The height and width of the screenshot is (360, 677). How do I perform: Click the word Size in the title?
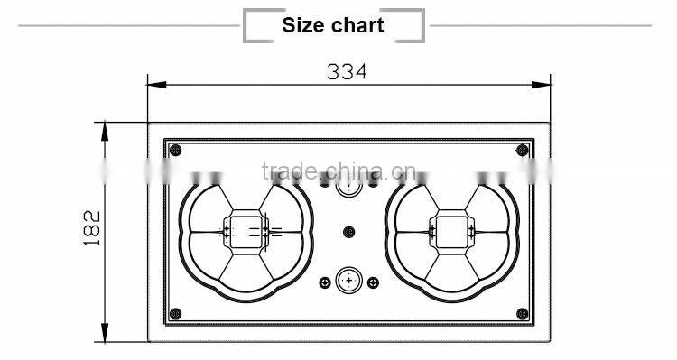pyautogui.click(x=303, y=25)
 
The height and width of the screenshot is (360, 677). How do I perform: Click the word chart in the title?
pyautogui.click(x=358, y=25)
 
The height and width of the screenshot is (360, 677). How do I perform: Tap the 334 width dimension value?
pyautogui.click(x=348, y=71)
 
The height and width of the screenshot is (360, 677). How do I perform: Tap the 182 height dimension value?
pyautogui.click(x=91, y=228)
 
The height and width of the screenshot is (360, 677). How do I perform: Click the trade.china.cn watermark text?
pyautogui.click(x=338, y=171)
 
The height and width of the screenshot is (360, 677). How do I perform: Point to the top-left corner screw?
pyautogui.click(x=175, y=150)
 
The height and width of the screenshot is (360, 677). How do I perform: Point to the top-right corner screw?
pyautogui.click(x=523, y=150)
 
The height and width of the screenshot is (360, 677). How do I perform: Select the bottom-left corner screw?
pyautogui.click(x=175, y=314)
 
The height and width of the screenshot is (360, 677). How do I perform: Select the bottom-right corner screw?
pyautogui.click(x=523, y=314)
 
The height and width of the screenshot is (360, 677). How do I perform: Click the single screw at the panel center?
pyautogui.click(x=348, y=232)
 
